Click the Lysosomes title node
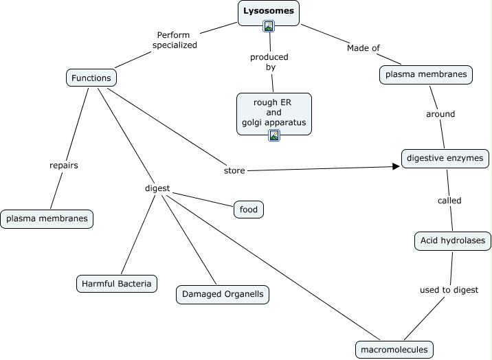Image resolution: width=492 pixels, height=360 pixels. pos(269,12)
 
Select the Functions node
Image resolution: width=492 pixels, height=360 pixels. pos(91,78)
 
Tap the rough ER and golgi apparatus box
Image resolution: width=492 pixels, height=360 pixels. pos(273,112)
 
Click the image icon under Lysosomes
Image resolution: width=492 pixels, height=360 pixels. pos(269,26)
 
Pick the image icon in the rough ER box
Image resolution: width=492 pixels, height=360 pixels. pos(273,135)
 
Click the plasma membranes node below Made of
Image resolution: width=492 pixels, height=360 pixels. pos(426,74)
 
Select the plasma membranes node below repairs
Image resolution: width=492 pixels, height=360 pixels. pos(47,219)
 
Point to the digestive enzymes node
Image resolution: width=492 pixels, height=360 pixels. pos(445,158)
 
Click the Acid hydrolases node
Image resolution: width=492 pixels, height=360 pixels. pos(452,240)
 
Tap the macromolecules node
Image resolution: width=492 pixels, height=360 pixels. pos(394,349)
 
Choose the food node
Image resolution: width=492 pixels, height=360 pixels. pos(248,208)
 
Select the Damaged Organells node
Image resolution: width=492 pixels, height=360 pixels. pos(221,294)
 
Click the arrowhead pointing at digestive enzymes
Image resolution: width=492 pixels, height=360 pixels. pos(396,166)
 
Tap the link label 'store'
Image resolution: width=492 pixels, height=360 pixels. pos(234,170)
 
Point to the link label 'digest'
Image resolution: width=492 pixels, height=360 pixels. pos(157,188)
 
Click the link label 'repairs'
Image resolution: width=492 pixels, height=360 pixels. pos(63,165)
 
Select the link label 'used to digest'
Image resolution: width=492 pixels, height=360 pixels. pos(449,290)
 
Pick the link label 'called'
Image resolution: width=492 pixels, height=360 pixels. pos(449,201)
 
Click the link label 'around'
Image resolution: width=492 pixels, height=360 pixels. pos(440,114)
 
